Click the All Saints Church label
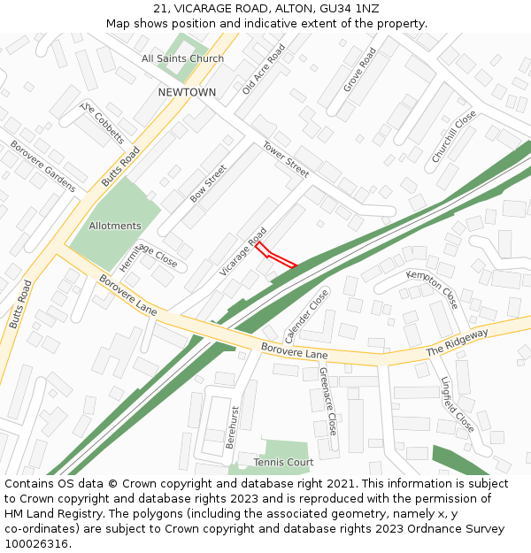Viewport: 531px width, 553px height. [182, 58]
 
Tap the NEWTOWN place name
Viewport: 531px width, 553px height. [187, 92]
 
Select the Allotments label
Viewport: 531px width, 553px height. [115, 226]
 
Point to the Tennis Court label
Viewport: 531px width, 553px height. [283, 463]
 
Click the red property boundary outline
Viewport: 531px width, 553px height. [275, 256]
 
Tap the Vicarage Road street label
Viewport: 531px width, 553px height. [243, 251]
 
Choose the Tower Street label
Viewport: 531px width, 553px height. [285, 159]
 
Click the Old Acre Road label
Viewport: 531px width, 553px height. [264, 70]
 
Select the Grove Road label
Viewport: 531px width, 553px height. [359, 69]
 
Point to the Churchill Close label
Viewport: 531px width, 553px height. [453, 135]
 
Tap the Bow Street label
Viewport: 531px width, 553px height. [208, 183]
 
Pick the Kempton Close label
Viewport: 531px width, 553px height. [432, 288]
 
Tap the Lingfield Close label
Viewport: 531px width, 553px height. [458, 404]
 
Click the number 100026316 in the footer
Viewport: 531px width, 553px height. [35, 543]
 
